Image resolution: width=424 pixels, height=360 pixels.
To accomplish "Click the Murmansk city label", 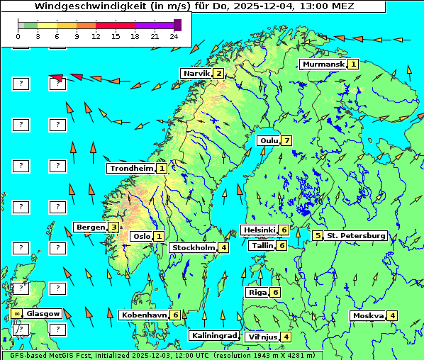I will coord(323,64).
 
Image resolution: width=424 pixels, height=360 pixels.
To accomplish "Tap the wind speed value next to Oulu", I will coord(286,140).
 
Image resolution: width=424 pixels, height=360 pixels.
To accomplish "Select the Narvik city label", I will coord(196,74).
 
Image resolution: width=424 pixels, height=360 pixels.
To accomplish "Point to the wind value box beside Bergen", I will coord(113,227).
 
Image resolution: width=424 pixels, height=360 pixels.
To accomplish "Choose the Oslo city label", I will coord(141,237).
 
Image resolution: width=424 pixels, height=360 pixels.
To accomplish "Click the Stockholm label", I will coord(193,248).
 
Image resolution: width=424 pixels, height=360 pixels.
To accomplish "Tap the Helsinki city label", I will coord(258,230).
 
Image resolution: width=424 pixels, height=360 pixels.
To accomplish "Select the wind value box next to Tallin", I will coord(281,246).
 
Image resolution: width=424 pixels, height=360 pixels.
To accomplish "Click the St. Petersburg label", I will coord(356,236).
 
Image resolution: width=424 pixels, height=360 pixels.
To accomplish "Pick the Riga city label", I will coord(256,293).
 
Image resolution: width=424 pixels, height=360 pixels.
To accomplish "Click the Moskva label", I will coord(368,316).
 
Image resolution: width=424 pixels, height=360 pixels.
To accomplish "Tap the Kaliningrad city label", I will coord(213,336).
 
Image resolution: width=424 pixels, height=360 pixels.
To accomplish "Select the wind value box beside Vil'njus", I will coord(286,337).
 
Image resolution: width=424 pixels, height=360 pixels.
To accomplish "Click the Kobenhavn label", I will coord(144,315).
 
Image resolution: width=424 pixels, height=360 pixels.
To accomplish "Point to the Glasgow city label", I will coord(43,313).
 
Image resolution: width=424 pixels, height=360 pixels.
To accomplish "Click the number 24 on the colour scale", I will coord(174,35).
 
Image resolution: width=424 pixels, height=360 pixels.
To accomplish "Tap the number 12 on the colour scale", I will coord(96,35).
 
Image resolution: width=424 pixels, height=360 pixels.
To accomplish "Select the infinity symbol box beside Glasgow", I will coord(16,313).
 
